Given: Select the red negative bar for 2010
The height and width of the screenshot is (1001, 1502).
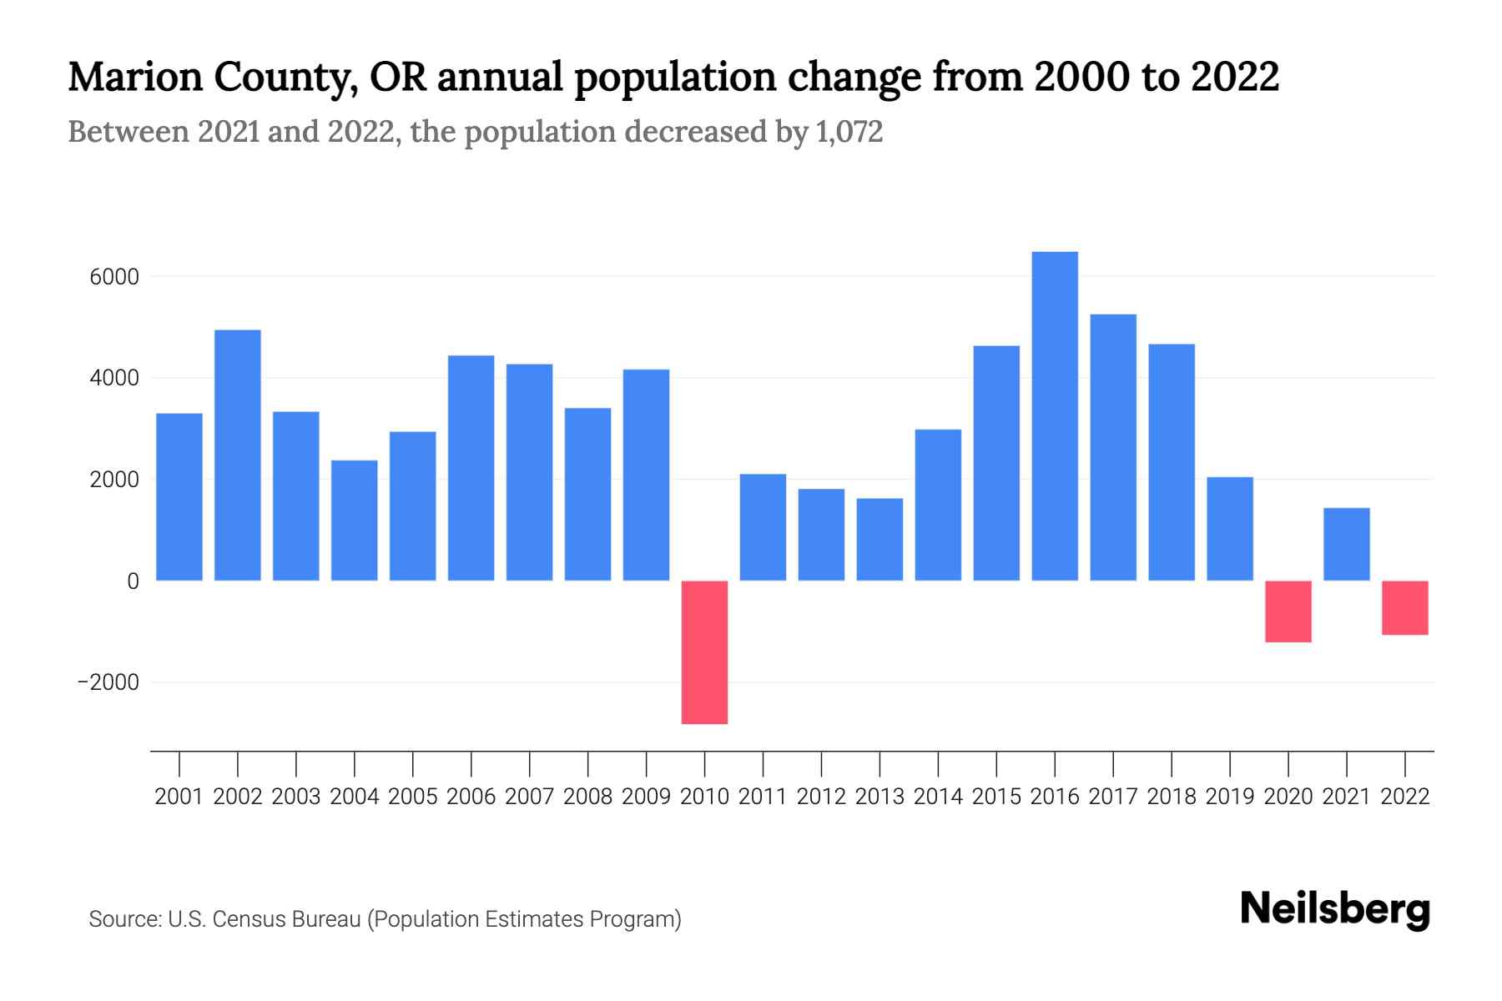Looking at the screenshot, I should pyautogui.click(x=704, y=651).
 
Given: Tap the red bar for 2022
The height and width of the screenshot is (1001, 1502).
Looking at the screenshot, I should pyautogui.click(x=1405, y=607).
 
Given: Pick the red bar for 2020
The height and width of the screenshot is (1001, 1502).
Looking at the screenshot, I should pyautogui.click(x=1288, y=611).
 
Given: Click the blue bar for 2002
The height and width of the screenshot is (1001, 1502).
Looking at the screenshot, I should pyautogui.click(x=238, y=455).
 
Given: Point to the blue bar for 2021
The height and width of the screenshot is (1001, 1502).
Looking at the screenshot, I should pyautogui.click(x=1347, y=544).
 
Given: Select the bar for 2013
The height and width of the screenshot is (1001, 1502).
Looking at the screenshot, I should pyautogui.click(x=880, y=539).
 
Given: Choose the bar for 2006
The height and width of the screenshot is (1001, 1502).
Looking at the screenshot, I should pyautogui.click(x=471, y=467).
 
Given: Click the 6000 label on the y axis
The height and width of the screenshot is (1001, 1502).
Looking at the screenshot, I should pyautogui.click(x=114, y=277).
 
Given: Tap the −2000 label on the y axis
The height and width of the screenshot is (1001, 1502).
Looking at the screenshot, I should pyautogui.click(x=108, y=682).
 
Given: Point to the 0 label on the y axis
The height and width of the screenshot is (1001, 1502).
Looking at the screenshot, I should pyautogui.click(x=133, y=581).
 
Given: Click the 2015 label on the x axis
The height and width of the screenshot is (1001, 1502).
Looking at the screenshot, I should pyautogui.click(x=996, y=797).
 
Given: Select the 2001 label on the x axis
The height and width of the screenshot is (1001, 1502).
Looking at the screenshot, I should pyautogui.click(x=179, y=797).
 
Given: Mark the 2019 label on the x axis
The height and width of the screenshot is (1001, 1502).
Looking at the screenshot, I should pyautogui.click(x=1230, y=797).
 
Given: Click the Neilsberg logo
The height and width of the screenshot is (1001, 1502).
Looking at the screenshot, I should pyautogui.click(x=1335, y=909).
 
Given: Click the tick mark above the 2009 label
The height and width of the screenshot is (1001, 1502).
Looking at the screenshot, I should pyautogui.click(x=647, y=763).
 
